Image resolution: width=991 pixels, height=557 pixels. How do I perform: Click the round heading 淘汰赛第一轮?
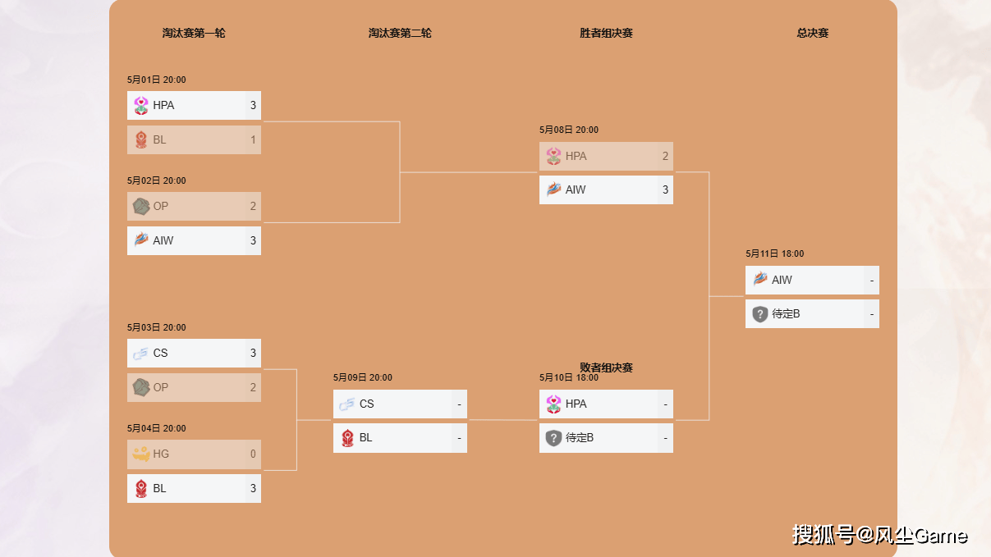[x=194, y=33]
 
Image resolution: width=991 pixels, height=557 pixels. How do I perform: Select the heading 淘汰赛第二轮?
[x=400, y=33]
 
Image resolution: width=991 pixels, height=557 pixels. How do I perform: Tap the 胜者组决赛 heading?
[x=606, y=33]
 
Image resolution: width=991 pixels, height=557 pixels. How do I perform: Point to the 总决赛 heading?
[x=812, y=33]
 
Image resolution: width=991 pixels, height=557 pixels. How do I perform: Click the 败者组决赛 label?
[x=606, y=368]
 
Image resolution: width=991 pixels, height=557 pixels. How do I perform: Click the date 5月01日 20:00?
[x=156, y=80]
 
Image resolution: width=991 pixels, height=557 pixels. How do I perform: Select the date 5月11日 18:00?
[x=775, y=253]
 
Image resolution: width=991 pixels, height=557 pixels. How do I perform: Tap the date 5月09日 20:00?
[x=362, y=377]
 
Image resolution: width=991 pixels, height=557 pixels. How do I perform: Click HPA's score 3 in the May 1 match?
[x=253, y=105]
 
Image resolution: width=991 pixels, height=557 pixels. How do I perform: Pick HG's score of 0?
[x=253, y=454]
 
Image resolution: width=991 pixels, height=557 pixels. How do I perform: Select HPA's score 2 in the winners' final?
[x=665, y=156]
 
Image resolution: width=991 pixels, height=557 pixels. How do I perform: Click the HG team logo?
[x=141, y=454]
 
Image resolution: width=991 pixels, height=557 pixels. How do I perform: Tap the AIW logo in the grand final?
[x=760, y=279]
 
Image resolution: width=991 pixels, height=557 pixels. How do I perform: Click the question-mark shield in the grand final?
[x=759, y=314]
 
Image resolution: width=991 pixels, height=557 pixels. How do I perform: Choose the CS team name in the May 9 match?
[x=367, y=404]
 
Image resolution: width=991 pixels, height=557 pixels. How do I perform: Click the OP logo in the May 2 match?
[x=141, y=207]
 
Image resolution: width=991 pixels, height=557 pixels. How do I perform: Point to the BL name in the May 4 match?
[x=159, y=488]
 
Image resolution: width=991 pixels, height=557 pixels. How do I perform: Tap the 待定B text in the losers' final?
[x=580, y=438]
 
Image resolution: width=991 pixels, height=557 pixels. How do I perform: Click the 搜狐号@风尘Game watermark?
[x=879, y=536]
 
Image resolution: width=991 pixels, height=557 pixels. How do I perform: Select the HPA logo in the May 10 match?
[x=553, y=404]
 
